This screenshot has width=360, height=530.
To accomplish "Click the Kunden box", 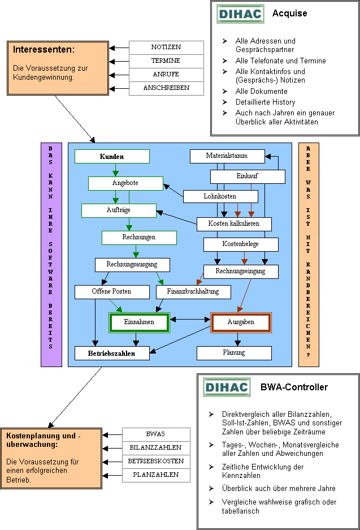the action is tap(112, 157).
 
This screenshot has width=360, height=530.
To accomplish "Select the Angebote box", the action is tap(125, 183).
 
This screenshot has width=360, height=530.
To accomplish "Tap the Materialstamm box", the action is tap(227, 156).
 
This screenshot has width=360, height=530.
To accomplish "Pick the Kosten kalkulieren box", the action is tap(234, 224).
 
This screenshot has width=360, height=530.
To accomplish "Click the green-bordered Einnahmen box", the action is tap(139, 322).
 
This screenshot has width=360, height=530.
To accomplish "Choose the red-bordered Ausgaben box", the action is tap(241, 322).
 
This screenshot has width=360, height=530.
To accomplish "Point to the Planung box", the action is tap(234, 353).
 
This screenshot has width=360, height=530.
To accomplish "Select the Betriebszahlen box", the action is tap(112, 353).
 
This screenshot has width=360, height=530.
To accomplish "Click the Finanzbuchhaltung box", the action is tap(193, 292).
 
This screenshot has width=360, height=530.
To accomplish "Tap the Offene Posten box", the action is tap(112, 292).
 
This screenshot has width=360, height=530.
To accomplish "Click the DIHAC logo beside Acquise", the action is tap(240, 14).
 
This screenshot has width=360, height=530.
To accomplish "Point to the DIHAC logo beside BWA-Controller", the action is tap(227, 387).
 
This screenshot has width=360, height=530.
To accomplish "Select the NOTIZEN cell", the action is tap(166, 48).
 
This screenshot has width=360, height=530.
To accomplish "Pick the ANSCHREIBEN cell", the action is tap(166, 88).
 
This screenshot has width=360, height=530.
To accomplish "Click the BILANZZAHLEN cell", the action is tap(156, 448).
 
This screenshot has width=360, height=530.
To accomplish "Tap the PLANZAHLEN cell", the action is tap(156, 475).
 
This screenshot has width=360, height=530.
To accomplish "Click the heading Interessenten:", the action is tap(44, 50).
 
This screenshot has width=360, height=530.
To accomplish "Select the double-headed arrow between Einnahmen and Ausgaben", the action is tap(190, 319).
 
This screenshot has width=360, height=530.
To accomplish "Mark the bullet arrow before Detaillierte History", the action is tap(225, 102).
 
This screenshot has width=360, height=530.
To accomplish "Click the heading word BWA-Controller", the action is tap(294, 387).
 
